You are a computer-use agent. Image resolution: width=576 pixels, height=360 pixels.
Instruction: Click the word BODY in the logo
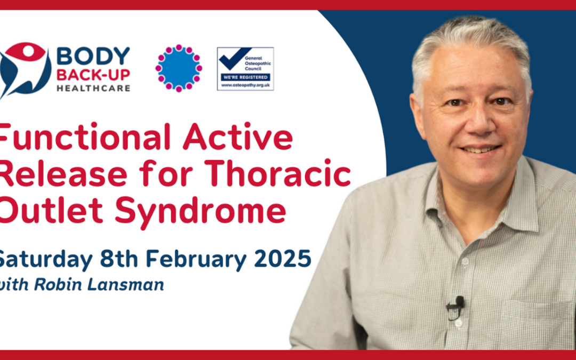[x=93, y=56]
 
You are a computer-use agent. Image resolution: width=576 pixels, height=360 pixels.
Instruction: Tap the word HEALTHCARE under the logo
[x=93, y=88]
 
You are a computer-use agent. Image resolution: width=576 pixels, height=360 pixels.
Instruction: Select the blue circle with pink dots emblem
[x=179, y=68]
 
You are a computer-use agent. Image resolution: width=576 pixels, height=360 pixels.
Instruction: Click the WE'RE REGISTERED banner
[x=245, y=77]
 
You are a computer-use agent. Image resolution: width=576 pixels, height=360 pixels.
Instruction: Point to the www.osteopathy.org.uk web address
[x=245, y=85]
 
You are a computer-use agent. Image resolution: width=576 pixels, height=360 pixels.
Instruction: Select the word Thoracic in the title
[x=278, y=173]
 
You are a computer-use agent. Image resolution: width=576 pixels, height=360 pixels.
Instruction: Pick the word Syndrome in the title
[x=200, y=211]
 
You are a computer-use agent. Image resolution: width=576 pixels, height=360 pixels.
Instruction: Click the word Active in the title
[x=238, y=137]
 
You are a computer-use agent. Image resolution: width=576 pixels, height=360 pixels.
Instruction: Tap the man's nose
[x=477, y=124]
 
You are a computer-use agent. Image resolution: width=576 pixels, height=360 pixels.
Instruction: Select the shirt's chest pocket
[x=537, y=323]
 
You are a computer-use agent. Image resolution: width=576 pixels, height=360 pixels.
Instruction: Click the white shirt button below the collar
[x=465, y=261]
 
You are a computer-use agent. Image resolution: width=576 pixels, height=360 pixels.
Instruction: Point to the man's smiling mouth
[x=480, y=149]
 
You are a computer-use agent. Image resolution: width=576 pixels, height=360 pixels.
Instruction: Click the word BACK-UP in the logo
[x=93, y=75]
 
